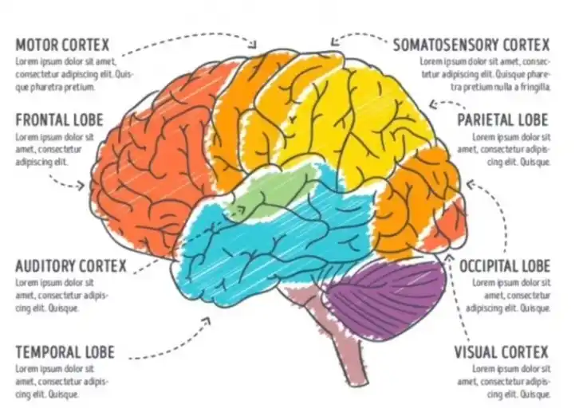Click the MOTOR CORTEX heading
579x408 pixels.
(x=62, y=44)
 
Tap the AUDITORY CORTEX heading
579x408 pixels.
(x=71, y=266)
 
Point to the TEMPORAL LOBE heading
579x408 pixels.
(x=65, y=352)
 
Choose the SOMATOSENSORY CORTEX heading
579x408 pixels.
(x=471, y=44)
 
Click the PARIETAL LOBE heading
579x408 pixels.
(x=502, y=120)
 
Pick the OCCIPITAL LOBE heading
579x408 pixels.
(x=504, y=266)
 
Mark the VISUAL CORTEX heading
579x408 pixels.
(x=502, y=352)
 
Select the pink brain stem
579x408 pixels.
(x=339, y=335)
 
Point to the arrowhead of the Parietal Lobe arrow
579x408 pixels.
(x=431, y=103)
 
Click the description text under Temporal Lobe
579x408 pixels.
(x=61, y=382)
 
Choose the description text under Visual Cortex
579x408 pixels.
(x=510, y=382)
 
